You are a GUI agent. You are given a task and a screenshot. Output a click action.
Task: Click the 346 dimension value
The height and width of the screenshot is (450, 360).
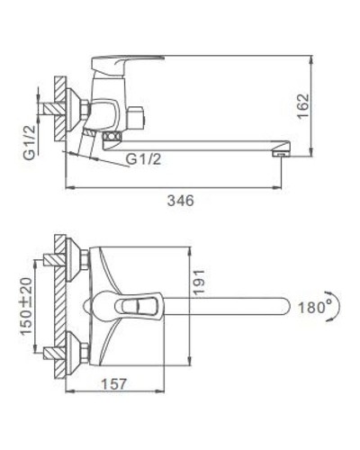point(181,200)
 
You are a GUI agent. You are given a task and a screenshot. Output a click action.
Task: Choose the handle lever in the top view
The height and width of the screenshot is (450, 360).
point(135,307)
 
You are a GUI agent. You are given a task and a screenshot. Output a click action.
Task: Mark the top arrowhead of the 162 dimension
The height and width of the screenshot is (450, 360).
point(308,56)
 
